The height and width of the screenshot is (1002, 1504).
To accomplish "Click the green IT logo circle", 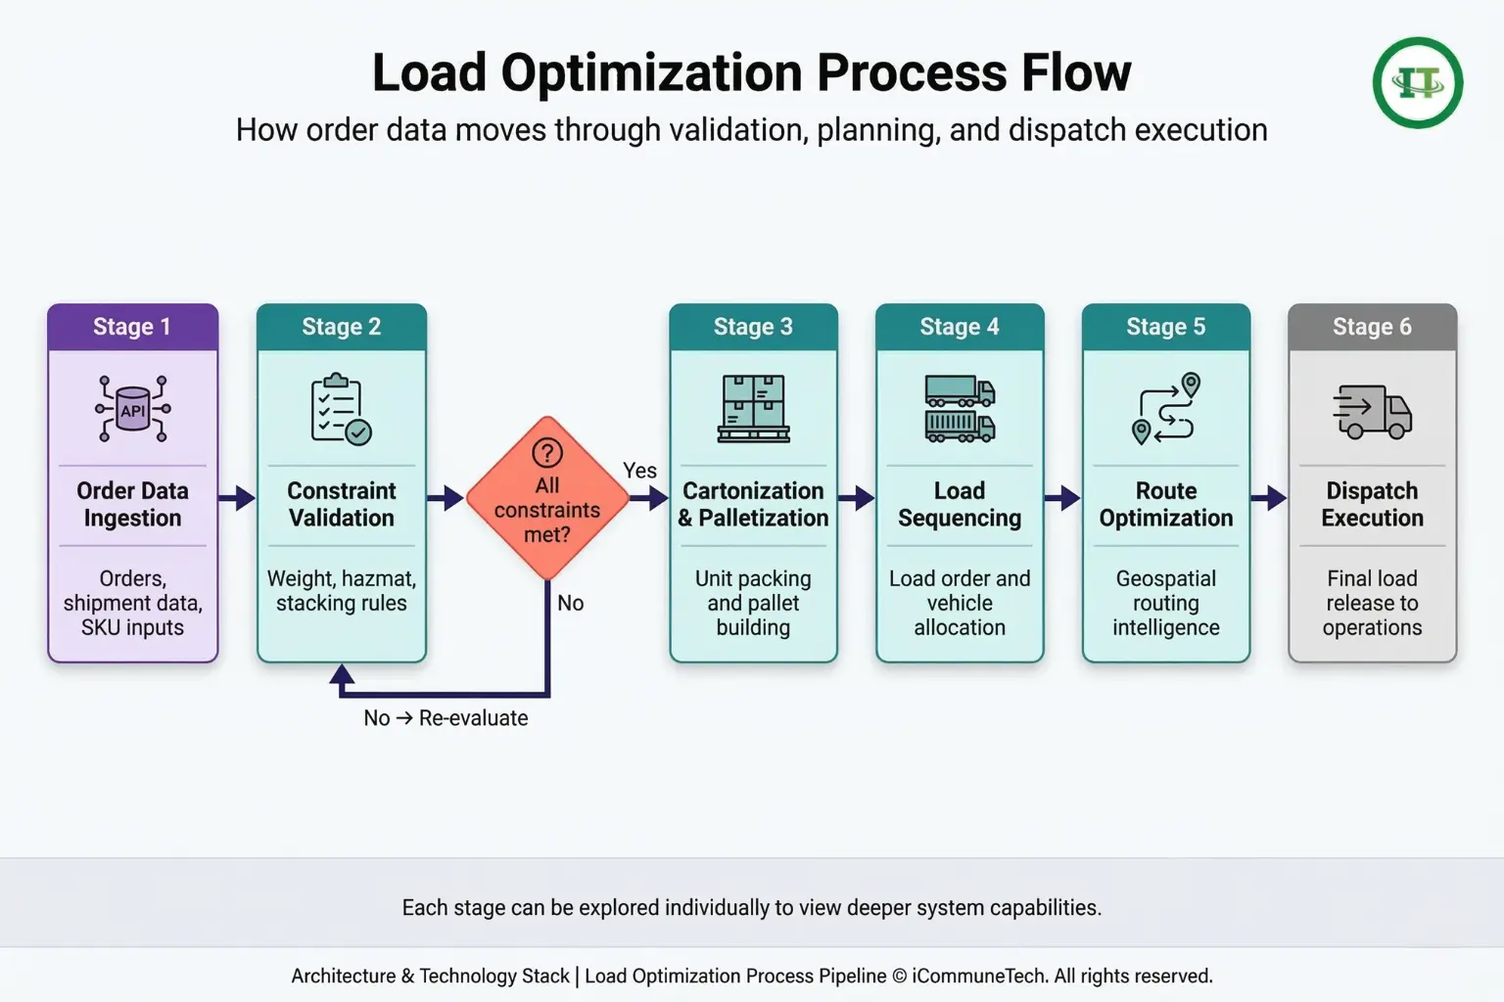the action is [x=1418, y=82].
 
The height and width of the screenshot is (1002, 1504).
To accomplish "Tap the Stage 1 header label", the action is [x=132, y=327].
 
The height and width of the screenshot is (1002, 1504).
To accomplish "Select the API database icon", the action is [x=133, y=409].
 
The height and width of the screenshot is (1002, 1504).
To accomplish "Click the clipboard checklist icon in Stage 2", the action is [x=341, y=409].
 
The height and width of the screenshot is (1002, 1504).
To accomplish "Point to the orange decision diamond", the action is [x=547, y=498].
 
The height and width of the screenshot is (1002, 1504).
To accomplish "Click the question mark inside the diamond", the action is [x=547, y=453].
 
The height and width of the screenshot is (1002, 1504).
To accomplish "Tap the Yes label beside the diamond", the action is [x=639, y=471].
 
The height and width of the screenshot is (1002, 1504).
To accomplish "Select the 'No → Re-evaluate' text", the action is [x=446, y=718].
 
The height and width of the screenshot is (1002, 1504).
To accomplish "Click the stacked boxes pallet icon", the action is [x=753, y=409].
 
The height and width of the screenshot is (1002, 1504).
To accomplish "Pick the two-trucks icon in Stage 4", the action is [x=960, y=409].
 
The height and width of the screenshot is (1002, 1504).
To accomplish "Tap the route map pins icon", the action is [x=1166, y=409].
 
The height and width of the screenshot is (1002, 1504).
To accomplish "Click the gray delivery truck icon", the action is [x=1373, y=411].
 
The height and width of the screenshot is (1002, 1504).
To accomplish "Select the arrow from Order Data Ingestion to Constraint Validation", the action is [x=237, y=498].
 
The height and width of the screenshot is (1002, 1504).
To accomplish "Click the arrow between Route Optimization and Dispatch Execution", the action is [x=1269, y=498].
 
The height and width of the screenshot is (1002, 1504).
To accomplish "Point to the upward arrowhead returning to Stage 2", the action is [x=342, y=673].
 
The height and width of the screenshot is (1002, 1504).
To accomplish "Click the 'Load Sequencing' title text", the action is [x=960, y=505].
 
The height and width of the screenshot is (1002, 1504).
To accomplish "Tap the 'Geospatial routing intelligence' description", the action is [x=1166, y=603].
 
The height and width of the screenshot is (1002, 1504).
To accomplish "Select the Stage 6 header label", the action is [x=1372, y=327].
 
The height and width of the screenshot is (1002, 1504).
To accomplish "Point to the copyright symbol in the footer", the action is [x=901, y=977].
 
